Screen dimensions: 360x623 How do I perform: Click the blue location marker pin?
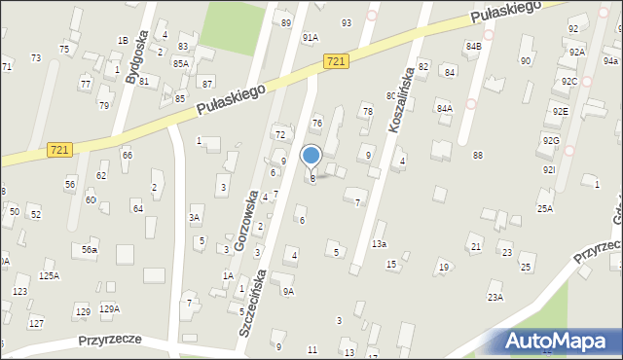coord(311,156)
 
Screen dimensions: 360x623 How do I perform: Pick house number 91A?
coord(310,37)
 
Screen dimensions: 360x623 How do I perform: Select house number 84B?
coord(474,46)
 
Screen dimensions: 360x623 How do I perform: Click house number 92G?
coord(551,141)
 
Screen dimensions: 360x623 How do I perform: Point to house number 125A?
coord(49,275)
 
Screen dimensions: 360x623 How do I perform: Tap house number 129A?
coord(109,308)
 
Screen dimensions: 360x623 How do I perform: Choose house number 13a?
coord(379,243)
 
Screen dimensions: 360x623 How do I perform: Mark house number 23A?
coord(495,297)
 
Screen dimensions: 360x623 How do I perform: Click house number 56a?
coord(90,250)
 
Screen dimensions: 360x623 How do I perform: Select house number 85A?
coord(180,63)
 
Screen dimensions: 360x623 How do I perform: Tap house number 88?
coord(478,156)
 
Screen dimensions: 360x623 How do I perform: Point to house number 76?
coord(316,123)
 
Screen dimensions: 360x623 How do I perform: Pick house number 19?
coord(443,267)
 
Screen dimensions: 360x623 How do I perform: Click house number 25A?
coord(545,208)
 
